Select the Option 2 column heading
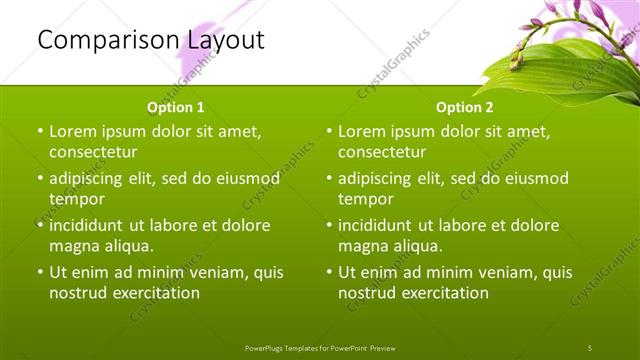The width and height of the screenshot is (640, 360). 465,106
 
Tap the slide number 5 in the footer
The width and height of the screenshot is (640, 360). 589,347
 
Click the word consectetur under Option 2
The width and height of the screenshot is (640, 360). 382,152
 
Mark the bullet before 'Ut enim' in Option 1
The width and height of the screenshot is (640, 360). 39,272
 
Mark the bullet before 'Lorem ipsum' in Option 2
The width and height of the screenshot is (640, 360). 329,131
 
